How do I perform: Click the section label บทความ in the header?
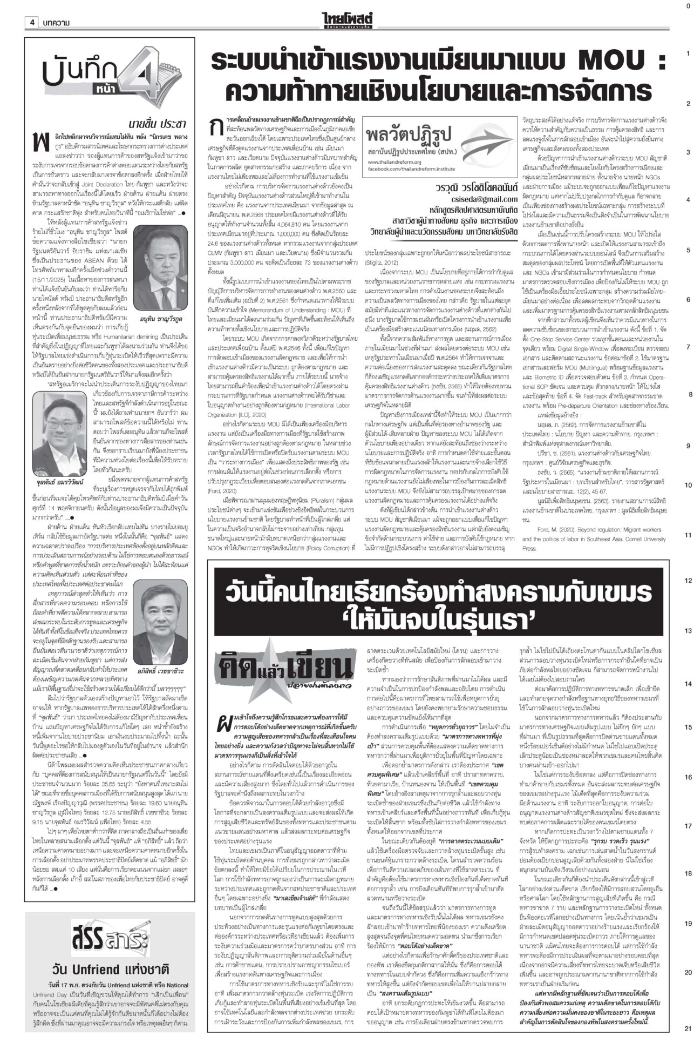click(57, 22)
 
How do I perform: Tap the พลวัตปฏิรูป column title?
click(414, 131)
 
